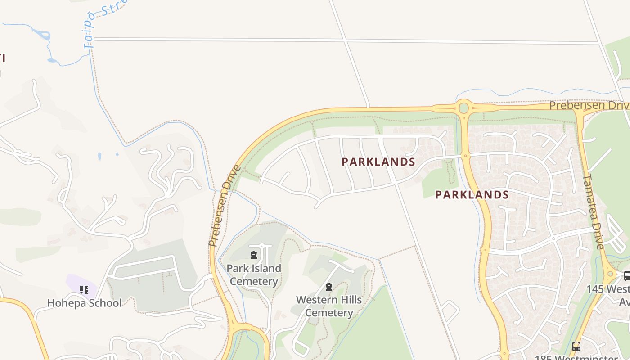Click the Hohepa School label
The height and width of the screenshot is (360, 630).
tap(84, 303)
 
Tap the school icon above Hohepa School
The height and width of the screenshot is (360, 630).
tap(84, 289)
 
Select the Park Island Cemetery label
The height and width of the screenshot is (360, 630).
tap(254, 274)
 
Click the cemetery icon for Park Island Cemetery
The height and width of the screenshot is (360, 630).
tap(254, 256)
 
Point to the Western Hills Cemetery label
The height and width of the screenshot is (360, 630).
tap(329, 306)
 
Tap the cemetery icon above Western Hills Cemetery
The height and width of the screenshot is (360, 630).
tap(329, 287)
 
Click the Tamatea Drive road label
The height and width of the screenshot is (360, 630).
tap(593, 211)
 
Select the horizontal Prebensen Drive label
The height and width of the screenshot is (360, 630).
tap(589, 106)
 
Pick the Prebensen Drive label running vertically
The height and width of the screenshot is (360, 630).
tap(225, 206)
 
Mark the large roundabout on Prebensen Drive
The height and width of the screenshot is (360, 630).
tap(463, 108)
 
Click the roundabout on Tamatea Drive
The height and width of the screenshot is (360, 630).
tap(609, 273)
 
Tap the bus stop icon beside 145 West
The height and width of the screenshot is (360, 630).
tap(627, 276)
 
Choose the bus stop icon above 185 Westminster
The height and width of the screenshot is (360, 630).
tap(576, 346)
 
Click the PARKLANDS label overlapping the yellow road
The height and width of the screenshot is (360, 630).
tap(472, 195)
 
